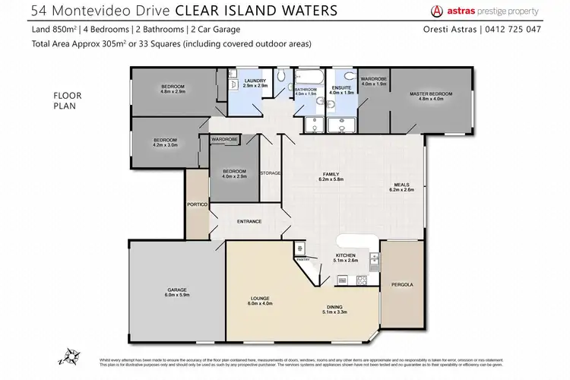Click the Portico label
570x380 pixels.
197,205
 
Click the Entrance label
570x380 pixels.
249,221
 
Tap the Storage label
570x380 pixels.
270,173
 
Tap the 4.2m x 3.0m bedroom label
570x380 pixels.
165,142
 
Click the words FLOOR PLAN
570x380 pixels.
65,100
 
